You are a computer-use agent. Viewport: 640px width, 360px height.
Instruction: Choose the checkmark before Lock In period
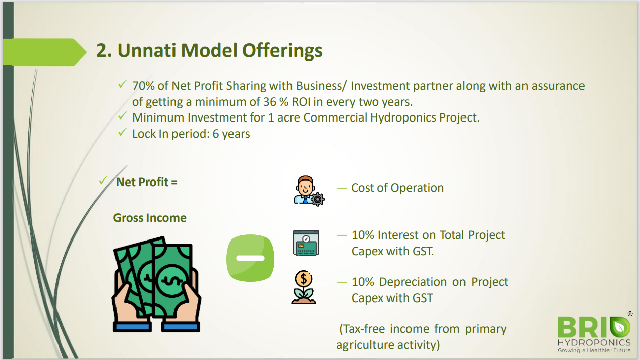pyautogui.click(x=122, y=132)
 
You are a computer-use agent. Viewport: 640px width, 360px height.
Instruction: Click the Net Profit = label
pyautogui.click(x=147, y=182)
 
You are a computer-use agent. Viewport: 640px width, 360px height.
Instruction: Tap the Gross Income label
pyautogui.click(x=150, y=218)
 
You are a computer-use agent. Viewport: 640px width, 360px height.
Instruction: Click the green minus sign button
pyautogui.click(x=250, y=258)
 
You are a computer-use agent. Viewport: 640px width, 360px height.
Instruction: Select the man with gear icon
pyautogui.click(x=309, y=191)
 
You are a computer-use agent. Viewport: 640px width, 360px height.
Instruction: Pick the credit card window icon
pyautogui.click(x=306, y=243)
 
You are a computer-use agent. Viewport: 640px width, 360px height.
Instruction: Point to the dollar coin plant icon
pyautogui.click(x=304, y=287)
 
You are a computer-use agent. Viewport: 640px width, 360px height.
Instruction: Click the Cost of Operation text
pyautogui.click(x=397, y=188)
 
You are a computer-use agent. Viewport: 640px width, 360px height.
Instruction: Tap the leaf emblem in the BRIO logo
pyautogui.click(x=620, y=327)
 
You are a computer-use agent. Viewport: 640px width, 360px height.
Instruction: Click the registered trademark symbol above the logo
pyautogui.click(x=630, y=314)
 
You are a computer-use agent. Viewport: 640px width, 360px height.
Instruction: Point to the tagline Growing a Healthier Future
pyautogui.click(x=594, y=350)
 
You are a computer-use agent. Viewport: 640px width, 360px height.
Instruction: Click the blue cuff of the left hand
pyautogui.click(x=132, y=327)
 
